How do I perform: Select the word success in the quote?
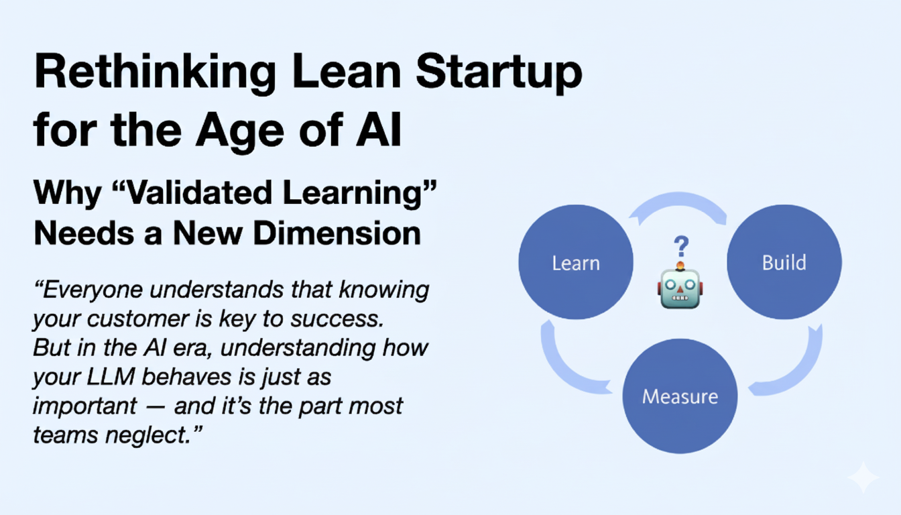coord(339,319)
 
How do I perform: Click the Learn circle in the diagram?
coord(575,262)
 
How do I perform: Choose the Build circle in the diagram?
coord(784,262)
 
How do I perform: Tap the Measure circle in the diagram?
coord(680,396)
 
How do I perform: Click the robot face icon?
coord(680,288)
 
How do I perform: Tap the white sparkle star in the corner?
coord(863,477)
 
